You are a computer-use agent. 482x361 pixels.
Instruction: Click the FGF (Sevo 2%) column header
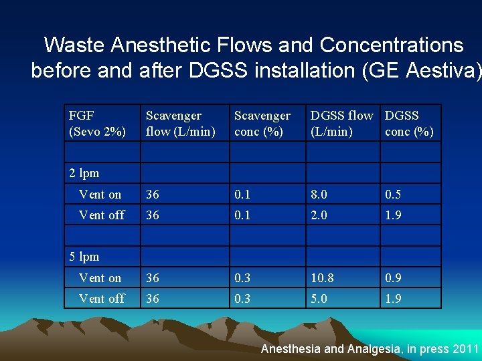point(97,124)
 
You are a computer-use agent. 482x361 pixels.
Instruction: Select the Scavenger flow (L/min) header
point(180,124)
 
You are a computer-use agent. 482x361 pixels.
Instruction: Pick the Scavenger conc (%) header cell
point(262,124)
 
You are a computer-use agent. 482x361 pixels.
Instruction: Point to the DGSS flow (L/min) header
point(341,124)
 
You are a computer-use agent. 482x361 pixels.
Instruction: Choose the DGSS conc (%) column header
point(410,124)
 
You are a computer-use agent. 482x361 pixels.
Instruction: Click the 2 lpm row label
point(84,173)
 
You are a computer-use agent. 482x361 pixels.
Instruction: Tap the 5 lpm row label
point(84,257)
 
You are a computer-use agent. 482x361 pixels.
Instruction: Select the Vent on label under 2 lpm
point(100,195)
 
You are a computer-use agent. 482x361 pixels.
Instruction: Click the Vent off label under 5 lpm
point(102,298)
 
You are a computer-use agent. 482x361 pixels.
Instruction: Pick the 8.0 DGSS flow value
point(319,195)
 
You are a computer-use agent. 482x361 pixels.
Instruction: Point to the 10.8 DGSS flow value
point(322,277)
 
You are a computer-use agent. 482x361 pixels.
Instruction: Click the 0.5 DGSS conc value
point(393,195)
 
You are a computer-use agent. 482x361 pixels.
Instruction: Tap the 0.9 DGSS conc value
point(393,277)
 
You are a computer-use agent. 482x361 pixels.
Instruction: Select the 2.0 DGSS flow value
point(319,215)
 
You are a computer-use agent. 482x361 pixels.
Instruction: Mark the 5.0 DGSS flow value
point(319,298)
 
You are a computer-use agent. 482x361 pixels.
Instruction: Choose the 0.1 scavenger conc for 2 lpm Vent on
point(242,195)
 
